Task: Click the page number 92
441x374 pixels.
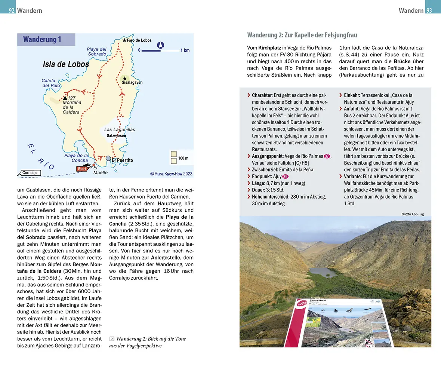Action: [x=11, y=10]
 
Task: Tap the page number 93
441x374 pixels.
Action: [x=429, y=10]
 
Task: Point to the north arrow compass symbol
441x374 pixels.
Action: [x=160, y=45]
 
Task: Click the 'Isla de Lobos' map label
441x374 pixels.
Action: [x=66, y=64]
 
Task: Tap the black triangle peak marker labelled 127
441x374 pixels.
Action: [x=65, y=98]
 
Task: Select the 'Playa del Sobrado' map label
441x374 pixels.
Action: [x=97, y=52]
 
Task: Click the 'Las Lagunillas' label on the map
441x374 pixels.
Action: [x=120, y=129]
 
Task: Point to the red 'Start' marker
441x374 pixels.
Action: [x=82, y=169]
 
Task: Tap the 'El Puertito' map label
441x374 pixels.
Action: [x=122, y=160]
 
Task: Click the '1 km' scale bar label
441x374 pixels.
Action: [x=185, y=50]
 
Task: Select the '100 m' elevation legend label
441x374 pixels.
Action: [x=184, y=158]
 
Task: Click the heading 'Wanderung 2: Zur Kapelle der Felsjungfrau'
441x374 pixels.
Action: [x=302, y=35]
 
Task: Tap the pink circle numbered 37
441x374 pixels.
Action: [x=327, y=156]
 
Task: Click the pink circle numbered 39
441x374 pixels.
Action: [x=286, y=177]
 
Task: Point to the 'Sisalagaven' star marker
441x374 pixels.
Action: [x=125, y=78]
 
